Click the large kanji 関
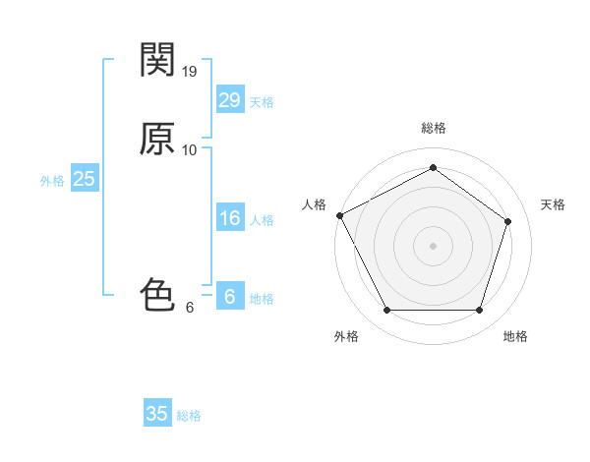point(157,61)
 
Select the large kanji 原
point(157,140)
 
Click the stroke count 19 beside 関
point(190,72)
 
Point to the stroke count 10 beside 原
point(190,150)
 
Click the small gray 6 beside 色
point(190,307)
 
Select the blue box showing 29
point(229,100)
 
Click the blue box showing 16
point(229,218)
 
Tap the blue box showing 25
point(84,179)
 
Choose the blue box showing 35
point(157,414)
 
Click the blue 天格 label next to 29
point(262,102)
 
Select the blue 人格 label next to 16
point(262,220)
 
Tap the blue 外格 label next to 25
point(52,181)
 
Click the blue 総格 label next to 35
point(189,416)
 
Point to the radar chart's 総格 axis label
point(433,129)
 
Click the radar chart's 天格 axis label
point(553,204)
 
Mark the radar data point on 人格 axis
point(339,215)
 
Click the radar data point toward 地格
point(479,311)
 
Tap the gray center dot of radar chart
point(433,246)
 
